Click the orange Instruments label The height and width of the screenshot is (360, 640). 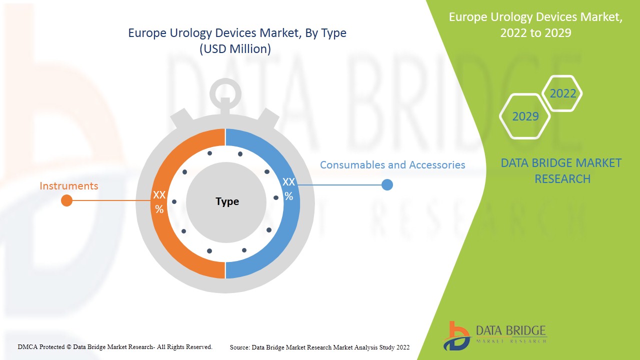pyautogui.click(x=69, y=185)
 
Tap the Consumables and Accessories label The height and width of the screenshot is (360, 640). pyautogui.click(x=392, y=165)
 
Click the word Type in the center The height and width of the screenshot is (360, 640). pyautogui.click(x=227, y=201)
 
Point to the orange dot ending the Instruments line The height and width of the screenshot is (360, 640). pyautogui.click(x=66, y=200)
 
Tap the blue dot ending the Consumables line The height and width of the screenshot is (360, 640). pyautogui.click(x=387, y=185)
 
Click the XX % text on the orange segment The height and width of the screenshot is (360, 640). pyautogui.click(x=159, y=202)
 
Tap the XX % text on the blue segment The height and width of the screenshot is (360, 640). pyautogui.click(x=288, y=189)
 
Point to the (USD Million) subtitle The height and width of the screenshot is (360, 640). pyautogui.click(x=235, y=49)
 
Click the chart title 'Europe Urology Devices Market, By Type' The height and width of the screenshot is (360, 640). pyautogui.click(x=237, y=33)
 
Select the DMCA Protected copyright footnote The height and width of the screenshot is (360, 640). pyautogui.click(x=115, y=347)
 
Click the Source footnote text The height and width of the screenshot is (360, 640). pyautogui.click(x=319, y=347)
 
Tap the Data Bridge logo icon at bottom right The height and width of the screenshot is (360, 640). pyautogui.click(x=456, y=336)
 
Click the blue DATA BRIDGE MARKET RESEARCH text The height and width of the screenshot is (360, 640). pyautogui.click(x=561, y=171)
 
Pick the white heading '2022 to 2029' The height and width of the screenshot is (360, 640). pyautogui.click(x=535, y=33)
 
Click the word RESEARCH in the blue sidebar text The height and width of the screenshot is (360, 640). pyautogui.click(x=562, y=179)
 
